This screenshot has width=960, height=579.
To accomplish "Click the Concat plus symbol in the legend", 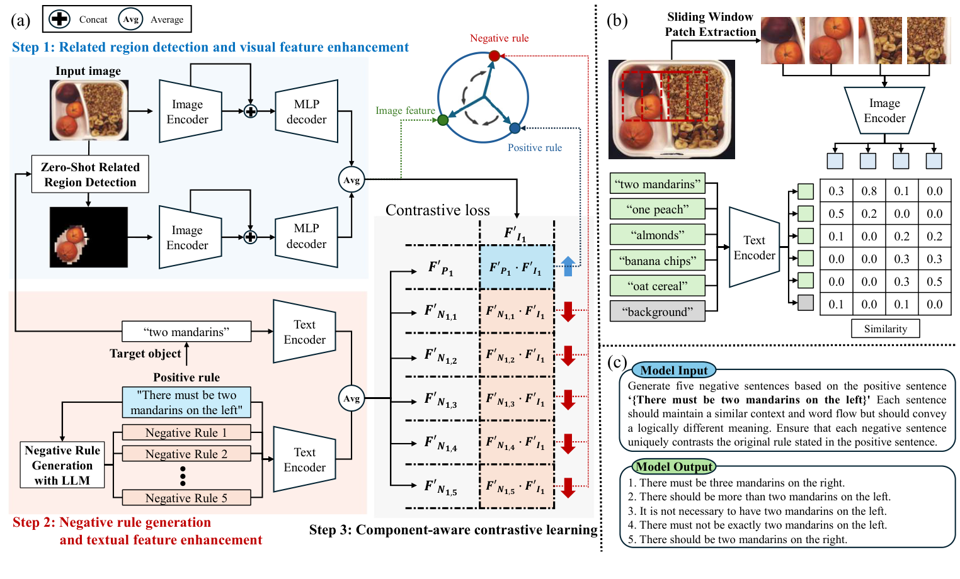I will point(59,19).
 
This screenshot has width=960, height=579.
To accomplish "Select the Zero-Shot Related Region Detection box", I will point(90,174).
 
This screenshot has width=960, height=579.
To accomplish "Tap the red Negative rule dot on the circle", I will point(494,56).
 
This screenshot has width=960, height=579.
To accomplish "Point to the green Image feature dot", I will point(443,120).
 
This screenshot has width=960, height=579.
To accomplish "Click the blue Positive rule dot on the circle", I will point(515,128).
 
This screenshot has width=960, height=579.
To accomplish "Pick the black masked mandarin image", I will point(89,237).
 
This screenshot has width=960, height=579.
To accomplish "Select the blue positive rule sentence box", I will point(186,403).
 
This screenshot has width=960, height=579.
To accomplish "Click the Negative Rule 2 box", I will point(186,454).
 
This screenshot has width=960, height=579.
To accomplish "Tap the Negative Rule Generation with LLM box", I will point(62,465).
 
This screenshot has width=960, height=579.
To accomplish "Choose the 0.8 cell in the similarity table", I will point(869,191).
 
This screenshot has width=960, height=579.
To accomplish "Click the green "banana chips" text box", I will point(657,261).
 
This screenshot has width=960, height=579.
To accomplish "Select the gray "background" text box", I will point(657,312).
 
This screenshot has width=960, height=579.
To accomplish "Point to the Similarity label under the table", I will point(885,329).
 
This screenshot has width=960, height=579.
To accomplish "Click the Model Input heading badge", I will point(674,371).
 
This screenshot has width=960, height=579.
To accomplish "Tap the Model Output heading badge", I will point(674,467).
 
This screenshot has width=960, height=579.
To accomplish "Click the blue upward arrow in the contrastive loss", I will point(568,266).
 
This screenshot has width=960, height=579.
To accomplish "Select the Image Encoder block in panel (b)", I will point(884,111).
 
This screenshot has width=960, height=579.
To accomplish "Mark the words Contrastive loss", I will point(437,210).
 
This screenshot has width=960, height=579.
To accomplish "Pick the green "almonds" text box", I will point(657,235).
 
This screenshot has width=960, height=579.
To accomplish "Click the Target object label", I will point(145,354).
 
